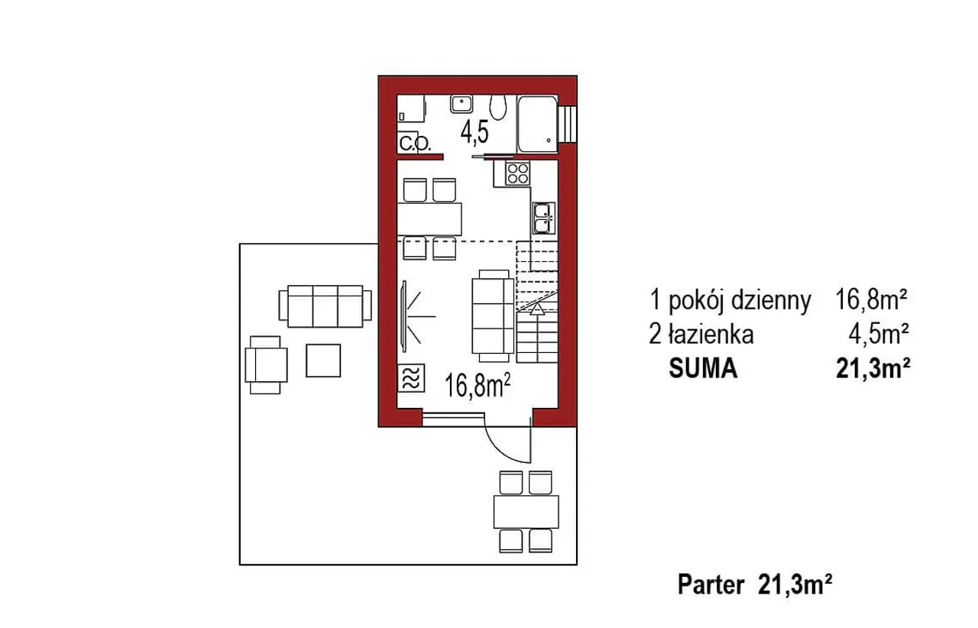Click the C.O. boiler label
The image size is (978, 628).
415,144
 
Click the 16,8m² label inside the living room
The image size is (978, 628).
478,386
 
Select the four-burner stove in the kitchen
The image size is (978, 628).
518,173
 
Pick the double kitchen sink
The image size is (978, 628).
543,218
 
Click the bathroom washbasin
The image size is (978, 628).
461,104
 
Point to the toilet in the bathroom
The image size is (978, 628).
497,106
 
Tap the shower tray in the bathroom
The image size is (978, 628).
537,124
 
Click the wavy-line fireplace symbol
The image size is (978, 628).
411,377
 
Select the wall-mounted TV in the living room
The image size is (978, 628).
404,316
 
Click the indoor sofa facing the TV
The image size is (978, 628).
494,316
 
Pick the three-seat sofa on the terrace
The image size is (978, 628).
325,306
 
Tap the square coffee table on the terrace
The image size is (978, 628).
323,361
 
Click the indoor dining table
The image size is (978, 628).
429,219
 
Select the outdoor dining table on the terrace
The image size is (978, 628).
526,511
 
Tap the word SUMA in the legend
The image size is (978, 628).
703,368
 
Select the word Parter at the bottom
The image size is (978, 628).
711,584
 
